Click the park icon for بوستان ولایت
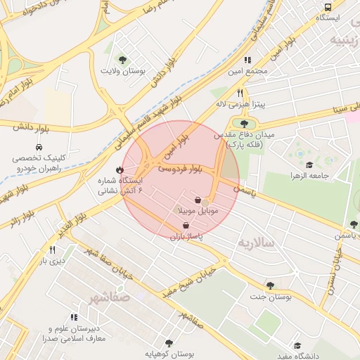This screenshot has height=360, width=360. [x=124, y=60]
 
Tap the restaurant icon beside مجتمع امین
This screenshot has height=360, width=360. [x=247, y=60]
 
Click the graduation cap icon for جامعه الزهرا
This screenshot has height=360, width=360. [x=309, y=164]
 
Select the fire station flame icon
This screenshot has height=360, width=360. [x=120, y=169]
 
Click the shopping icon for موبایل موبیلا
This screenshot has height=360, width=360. [x=198, y=200]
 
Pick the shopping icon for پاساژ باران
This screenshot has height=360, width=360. [x=185, y=225]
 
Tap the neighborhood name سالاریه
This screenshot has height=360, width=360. [x=255, y=243]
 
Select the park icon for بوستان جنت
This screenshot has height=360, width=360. [x=270, y=285]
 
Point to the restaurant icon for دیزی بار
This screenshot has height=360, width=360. [x=52, y=250]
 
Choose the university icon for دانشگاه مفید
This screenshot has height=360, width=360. [x=297, y=346]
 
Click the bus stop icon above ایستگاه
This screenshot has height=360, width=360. [x=325, y=5]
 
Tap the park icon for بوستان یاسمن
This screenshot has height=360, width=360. [x=353, y=224]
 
